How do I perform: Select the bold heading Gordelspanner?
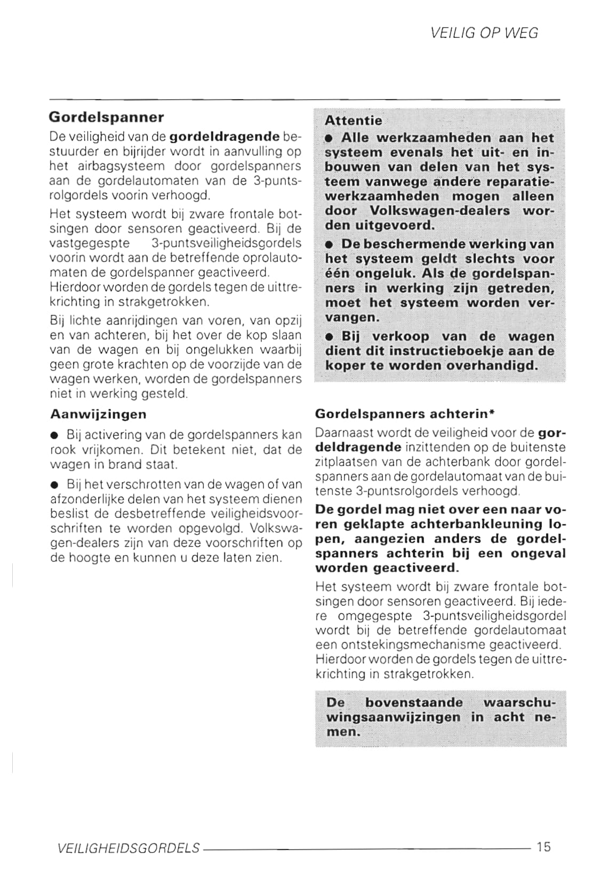click(106, 117)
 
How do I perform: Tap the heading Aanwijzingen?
click(98, 414)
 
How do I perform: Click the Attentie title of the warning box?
click(353, 121)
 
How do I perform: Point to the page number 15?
click(544, 846)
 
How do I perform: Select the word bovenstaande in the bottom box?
click(414, 702)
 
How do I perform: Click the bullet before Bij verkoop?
click(330, 338)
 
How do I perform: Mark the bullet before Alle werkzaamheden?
click(330, 139)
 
